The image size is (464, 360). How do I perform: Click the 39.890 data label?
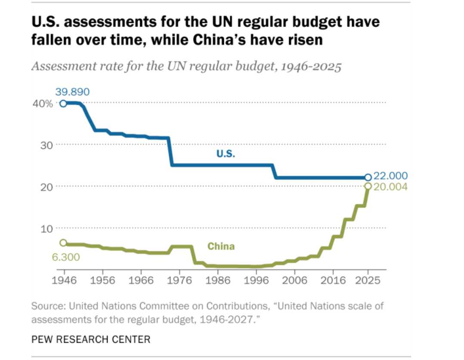click(72, 92)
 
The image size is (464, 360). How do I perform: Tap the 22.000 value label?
click(390, 176)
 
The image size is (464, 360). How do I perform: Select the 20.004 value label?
click(390, 187)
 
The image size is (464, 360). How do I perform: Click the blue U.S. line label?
click(226, 154)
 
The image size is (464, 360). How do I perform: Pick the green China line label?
click(221, 246)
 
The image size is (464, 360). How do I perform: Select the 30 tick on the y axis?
click(47, 145)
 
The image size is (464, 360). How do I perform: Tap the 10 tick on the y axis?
click(47, 228)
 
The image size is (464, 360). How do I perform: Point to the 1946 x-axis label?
click(64, 280)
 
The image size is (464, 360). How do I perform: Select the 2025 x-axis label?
click(368, 280)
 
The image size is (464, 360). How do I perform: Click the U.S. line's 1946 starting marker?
click(63, 103)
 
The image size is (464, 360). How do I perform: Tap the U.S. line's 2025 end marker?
click(368, 177)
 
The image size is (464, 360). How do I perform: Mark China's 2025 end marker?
click(368, 186)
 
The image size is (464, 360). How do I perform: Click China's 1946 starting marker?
click(63, 243)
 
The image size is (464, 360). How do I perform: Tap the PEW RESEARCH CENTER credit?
click(91, 339)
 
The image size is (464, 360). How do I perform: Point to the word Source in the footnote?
click(47, 307)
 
